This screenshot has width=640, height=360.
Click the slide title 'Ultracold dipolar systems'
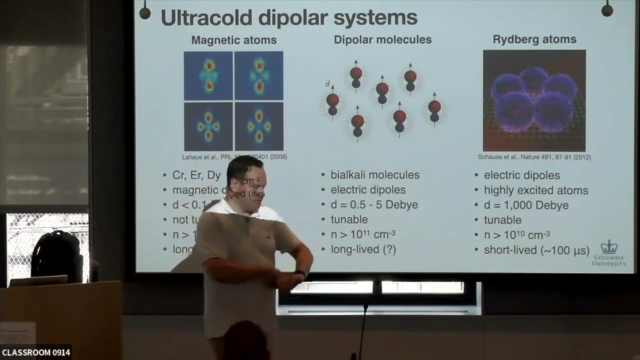tap(288, 17)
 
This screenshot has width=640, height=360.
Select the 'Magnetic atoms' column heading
tap(233, 40)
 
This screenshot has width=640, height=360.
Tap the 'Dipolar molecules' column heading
tap(382, 39)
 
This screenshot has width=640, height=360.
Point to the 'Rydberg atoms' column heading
tap(534, 39)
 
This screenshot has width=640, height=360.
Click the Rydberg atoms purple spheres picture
tap(534, 100)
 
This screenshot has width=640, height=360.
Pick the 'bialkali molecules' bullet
tap(374, 175)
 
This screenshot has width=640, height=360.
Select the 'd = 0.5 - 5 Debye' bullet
tap(374, 205)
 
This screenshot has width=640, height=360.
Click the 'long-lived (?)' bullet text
tap(363, 249)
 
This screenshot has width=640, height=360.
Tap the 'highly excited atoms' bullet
tap(535, 190)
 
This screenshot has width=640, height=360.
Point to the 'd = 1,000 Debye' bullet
tap(525, 205)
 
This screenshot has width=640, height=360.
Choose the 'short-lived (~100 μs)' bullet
tap(536, 250)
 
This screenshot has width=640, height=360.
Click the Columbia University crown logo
tap(608, 246)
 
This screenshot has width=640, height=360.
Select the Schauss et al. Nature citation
tap(534, 157)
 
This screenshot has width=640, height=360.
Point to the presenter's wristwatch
tap(300, 273)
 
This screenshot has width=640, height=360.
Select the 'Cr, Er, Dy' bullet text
tap(196, 175)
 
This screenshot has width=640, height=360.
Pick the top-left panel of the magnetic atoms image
tap(208, 75)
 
